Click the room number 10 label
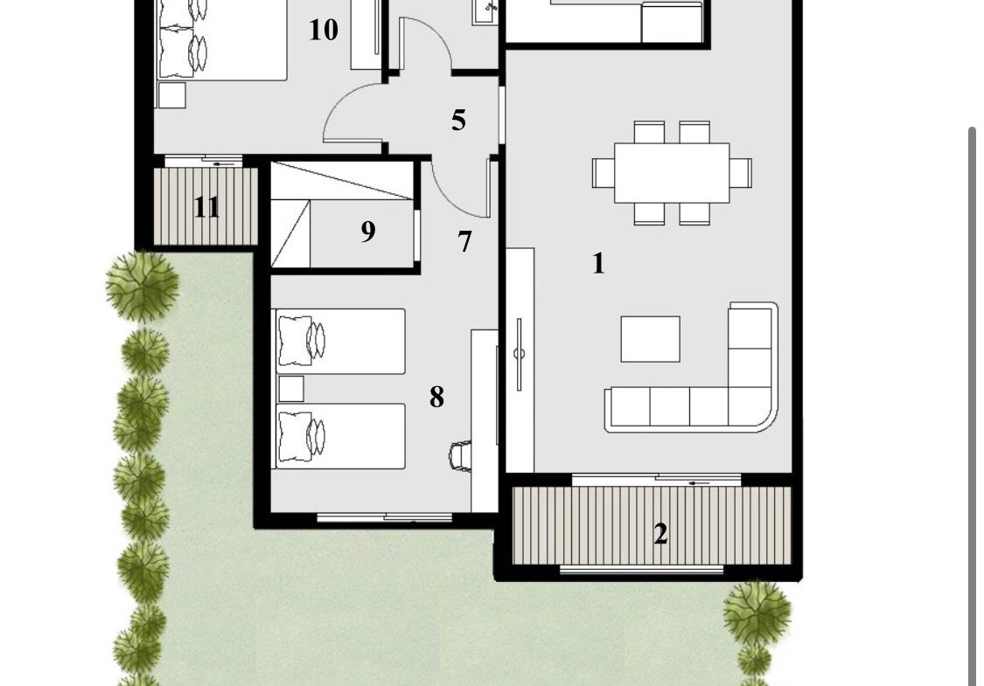323,30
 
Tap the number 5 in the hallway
458,120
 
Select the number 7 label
464,241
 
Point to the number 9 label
368,232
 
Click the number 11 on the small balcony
206,207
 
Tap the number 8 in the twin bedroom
436,397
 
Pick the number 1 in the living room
598,263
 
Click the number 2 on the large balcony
660,534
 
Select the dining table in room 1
672,172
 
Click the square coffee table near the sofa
650,339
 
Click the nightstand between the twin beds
291,389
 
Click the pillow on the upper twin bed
295,341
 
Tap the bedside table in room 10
172,95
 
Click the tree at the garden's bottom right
757,613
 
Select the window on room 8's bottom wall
385,518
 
